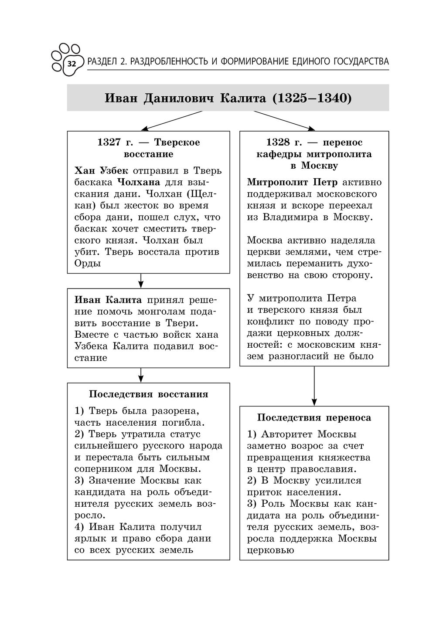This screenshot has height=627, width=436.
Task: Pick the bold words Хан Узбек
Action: click(98, 170)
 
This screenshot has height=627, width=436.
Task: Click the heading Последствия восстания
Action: click(148, 394)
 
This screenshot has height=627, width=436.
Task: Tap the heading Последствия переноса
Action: click(314, 418)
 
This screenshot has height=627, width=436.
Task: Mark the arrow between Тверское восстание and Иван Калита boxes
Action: click(141, 281)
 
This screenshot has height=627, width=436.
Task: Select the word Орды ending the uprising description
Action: click(87, 263)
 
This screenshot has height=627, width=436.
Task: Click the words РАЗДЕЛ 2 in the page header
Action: click(107, 62)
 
